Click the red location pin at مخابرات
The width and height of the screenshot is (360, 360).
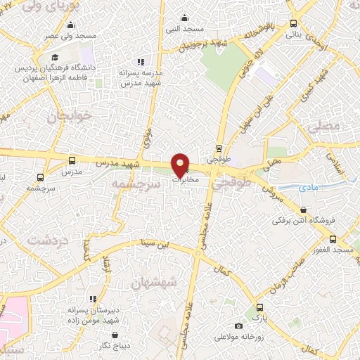point(181,165)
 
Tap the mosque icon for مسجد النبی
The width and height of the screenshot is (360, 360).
point(185,18)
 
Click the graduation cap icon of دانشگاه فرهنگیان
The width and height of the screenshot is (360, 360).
point(53,58)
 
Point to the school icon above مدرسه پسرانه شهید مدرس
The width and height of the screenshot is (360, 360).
point(141,62)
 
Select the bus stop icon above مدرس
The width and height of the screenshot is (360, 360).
point(72,160)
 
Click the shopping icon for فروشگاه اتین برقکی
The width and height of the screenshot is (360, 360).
point(303,209)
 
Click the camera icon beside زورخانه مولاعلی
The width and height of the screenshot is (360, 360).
point(239,326)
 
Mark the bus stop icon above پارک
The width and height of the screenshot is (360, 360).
point(260,307)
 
